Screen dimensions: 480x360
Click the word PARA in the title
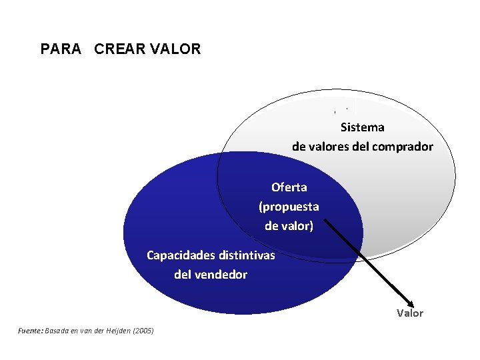(61, 49)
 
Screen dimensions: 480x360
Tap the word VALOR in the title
(177, 49)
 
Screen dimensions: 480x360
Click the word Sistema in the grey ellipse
(362, 127)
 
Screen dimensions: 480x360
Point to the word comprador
(402, 147)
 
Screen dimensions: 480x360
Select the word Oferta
(289, 187)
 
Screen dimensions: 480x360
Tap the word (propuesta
(289, 206)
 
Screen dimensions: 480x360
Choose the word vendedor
(220, 274)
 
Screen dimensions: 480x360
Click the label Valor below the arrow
(410, 313)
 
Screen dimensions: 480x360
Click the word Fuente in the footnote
(30, 331)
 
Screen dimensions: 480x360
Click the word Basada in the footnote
(56, 331)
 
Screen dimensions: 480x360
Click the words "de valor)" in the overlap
(289, 225)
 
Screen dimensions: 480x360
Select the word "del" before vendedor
(183, 274)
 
